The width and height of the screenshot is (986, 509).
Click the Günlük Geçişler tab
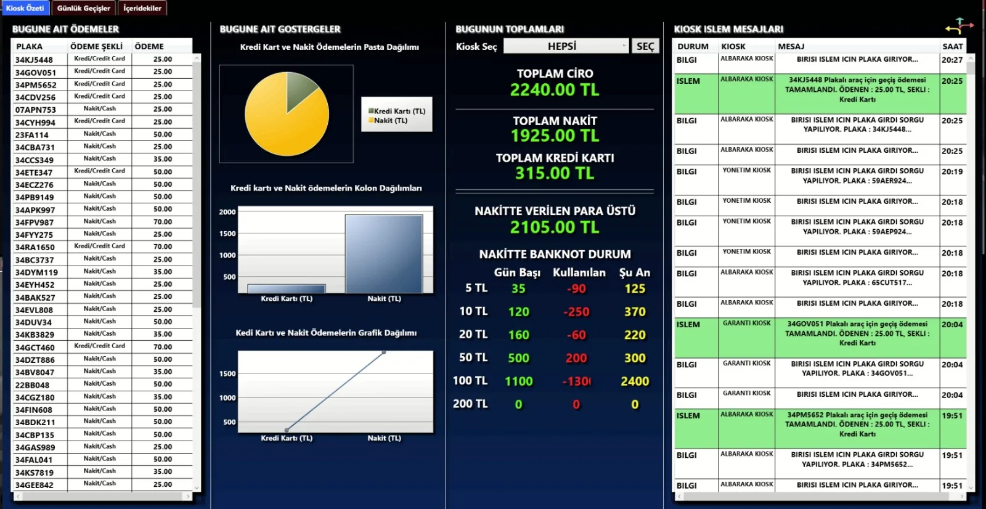pos(84,8)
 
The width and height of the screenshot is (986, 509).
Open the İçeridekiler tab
pos(142,8)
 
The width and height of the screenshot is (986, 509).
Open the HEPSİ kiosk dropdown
pos(566,46)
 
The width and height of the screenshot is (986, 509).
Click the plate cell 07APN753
pos(36,110)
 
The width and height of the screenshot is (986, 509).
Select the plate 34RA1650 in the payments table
pos(35,247)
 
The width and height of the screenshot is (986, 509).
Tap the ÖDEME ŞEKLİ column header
pos(96,46)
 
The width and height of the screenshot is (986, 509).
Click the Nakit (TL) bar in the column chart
pos(384,254)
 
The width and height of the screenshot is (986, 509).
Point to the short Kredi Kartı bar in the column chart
pos(287,289)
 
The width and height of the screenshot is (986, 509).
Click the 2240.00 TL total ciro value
pos(555,90)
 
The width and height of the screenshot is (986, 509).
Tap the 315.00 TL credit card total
pos(555,174)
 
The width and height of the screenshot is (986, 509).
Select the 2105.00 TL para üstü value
pos(555,227)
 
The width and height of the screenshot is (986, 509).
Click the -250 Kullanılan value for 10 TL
pos(576,312)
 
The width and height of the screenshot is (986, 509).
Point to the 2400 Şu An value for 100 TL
pos(635,381)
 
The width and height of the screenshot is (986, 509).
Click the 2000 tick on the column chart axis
pos(227,212)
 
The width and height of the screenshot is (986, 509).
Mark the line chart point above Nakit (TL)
pos(384,352)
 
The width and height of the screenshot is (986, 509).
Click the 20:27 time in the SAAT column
pos(952,60)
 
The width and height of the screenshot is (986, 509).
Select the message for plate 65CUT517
pos(857,278)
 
